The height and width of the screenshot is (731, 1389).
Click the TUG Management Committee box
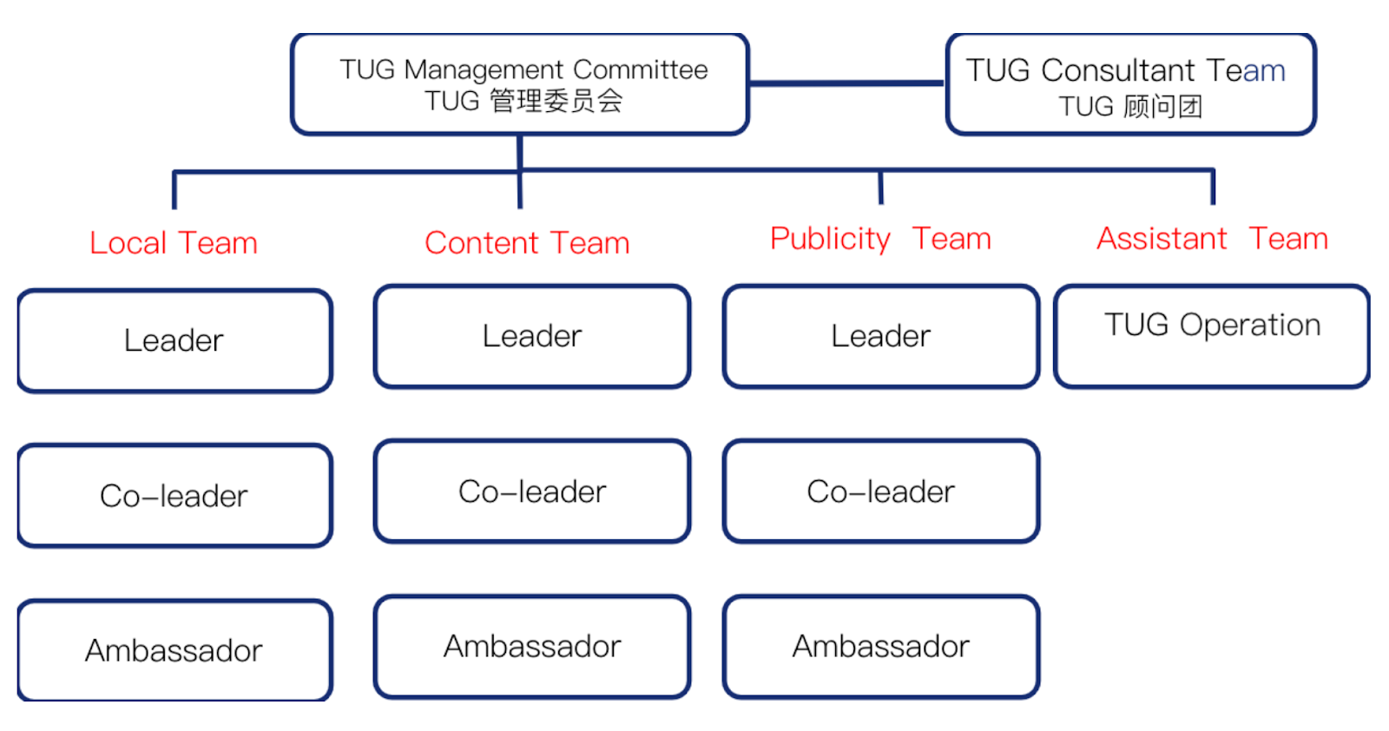coord(520,84)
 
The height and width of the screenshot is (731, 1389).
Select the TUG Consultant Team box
coord(1130,84)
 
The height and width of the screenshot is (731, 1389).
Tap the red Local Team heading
coord(174,243)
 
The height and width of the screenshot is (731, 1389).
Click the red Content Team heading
coord(527,243)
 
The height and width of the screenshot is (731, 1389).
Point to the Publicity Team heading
coord(880,239)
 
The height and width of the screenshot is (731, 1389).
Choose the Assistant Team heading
coord(1212,239)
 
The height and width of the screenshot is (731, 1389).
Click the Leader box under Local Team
coord(174,340)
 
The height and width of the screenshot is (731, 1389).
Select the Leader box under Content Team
coord(532,336)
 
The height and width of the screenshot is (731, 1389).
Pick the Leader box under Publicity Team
coord(881,336)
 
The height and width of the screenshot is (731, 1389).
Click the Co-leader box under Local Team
coord(174,496)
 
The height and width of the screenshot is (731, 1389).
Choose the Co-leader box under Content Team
coord(532,491)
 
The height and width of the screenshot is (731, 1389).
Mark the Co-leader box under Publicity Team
coord(881,491)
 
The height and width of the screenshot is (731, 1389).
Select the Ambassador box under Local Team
coord(174,650)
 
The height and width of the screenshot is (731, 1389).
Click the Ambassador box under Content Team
coord(532,646)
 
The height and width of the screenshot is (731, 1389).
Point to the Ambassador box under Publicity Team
coord(881,646)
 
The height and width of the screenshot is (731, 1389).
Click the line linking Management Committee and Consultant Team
coord(846,84)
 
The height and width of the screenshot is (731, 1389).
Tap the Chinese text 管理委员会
coord(556,101)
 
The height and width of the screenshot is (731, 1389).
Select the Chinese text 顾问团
coord(1162,107)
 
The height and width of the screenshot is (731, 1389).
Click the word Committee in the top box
coord(641,69)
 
